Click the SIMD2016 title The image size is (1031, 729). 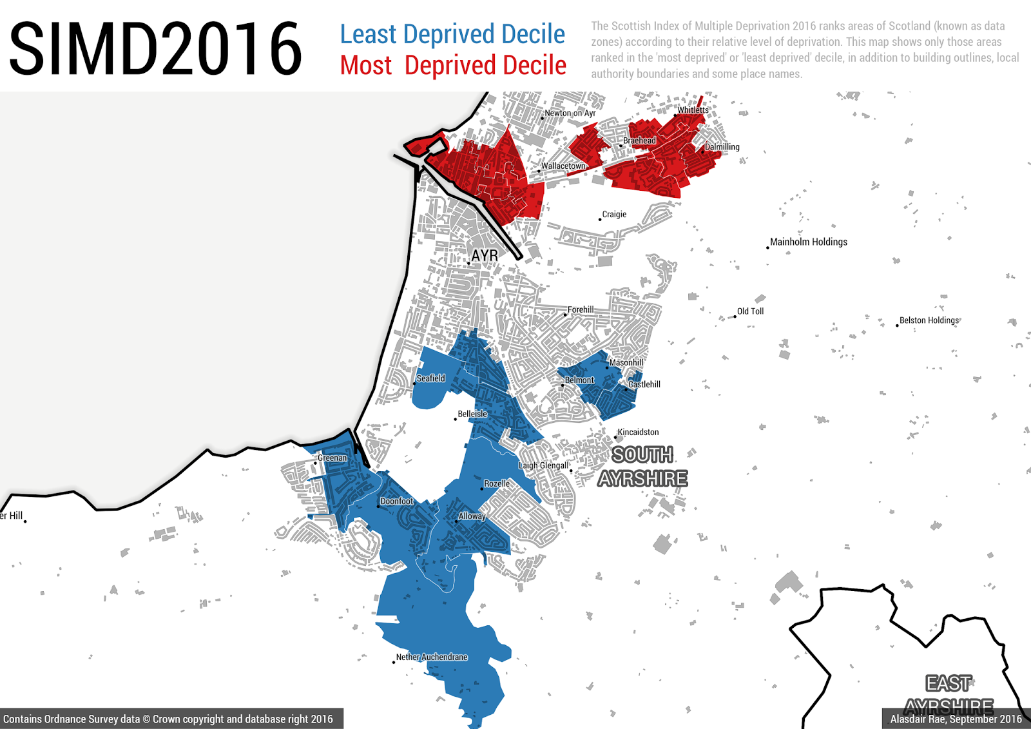click(155, 48)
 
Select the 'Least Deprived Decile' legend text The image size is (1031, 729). click(452, 34)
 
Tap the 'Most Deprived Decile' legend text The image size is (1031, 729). click(453, 65)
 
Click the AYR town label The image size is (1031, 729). click(485, 256)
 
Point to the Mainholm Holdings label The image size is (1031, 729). click(809, 242)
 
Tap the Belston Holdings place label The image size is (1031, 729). click(929, 320)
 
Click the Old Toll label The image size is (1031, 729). click(750, 311)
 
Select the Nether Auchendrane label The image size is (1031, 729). click(432, 657)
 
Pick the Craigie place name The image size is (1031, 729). click(614, 215)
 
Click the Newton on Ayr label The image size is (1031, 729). click(570, 113)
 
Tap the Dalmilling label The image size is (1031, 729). click(722, 147)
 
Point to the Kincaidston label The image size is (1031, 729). click(638, 433)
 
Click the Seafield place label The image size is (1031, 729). click(430, 378)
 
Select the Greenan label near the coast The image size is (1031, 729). click(332, 458)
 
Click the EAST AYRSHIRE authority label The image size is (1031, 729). click(949, 694)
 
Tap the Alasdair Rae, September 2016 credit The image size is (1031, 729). click(956, 719)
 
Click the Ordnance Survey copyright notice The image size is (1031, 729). click(168, 719)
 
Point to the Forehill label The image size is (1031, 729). click(581, 310)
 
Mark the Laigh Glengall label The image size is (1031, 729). click(544, 465)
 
